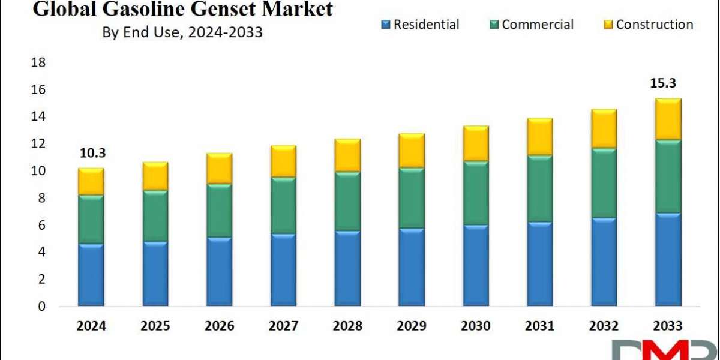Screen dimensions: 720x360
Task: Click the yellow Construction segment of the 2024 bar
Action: (x=91, y=182)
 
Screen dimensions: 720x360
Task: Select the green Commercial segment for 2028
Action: (x=347, y=201)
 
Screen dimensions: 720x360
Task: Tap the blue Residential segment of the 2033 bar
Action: (x=668, y=259)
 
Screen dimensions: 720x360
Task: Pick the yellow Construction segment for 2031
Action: (x=540, y=137)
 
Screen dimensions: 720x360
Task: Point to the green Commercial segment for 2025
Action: (x=155, y=215)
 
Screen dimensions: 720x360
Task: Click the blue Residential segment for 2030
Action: (x=476, y=265)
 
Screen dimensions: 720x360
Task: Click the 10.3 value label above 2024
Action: (x=92, y=154)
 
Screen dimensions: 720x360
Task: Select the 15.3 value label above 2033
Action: (x=663, y=83)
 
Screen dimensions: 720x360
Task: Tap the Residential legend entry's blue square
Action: (x=385, y=25)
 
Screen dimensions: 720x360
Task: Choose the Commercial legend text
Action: (x=538, y=25)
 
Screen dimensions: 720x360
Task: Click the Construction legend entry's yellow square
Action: (x=608, y=25)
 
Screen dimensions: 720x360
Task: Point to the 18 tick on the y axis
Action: (x=38, y=62)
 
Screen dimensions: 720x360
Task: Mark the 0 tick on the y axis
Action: (x=42, y=307)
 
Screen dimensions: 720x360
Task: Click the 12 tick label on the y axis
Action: (x=38, y=143)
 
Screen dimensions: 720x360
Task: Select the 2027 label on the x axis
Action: (x=283, y=326)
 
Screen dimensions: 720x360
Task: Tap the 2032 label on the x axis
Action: (x=604, y=326)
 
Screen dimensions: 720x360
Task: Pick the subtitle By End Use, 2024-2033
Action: (x=182, y=32)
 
